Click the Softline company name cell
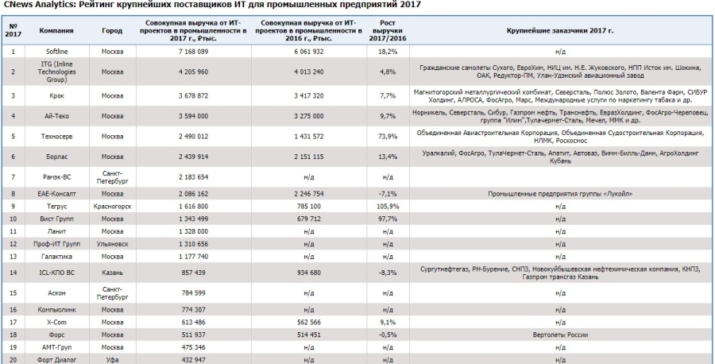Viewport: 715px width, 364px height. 57,52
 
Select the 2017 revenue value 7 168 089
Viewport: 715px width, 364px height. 193,52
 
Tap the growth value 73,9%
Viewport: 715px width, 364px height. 388,137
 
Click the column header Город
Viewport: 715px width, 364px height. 112,30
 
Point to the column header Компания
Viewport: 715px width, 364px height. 57,30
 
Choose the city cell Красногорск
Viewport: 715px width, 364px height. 112,207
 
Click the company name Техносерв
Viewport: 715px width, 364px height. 57,137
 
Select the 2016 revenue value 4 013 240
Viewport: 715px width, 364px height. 309,72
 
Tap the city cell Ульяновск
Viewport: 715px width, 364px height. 112,244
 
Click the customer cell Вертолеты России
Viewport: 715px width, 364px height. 560,335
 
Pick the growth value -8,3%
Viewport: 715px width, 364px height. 388,273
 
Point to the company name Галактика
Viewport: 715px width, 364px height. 57,257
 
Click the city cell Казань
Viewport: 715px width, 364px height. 112,273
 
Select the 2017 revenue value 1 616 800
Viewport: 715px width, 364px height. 193,207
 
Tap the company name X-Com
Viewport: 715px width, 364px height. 57,322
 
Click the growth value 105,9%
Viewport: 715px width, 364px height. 388,207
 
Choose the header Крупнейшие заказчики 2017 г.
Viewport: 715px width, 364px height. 560,30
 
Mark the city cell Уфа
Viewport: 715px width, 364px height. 112,360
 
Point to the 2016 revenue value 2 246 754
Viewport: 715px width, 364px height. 309,194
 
